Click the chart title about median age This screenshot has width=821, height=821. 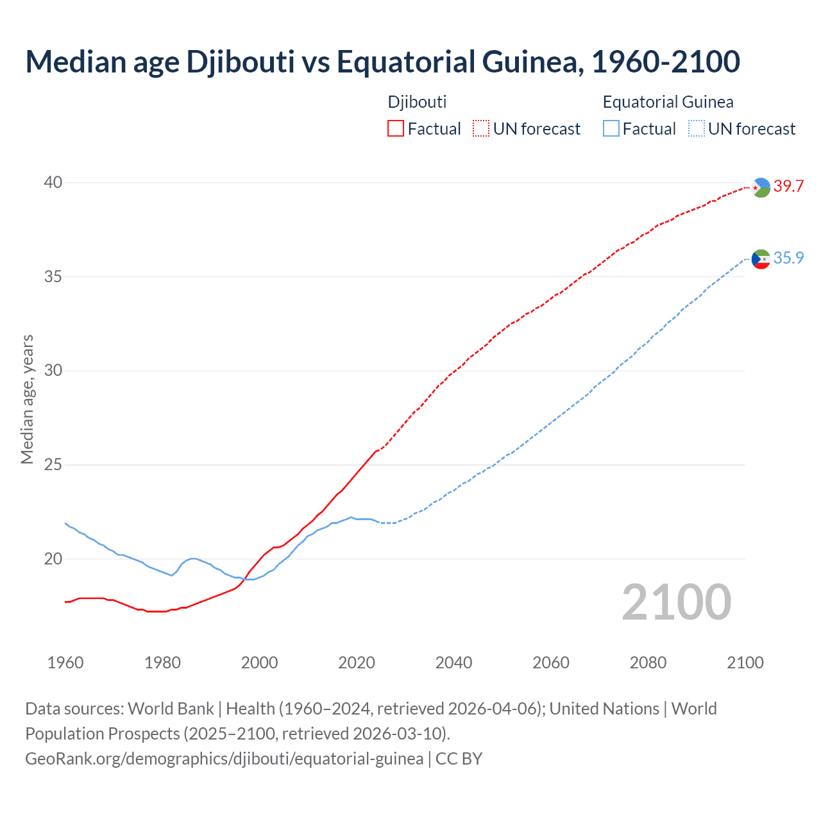(x=382, y=62)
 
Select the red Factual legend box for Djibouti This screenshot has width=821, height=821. (x=396, y=129)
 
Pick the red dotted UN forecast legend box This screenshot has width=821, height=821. (x=481, y=129)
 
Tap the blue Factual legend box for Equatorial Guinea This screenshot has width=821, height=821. (x=611, y=129)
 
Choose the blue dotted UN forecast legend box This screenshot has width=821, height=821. (x=696, y=129)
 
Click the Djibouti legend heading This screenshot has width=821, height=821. (x=417, y=102)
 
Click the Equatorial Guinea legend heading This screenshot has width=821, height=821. (x=668, y=102)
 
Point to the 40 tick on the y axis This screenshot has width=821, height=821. (x=53, y=183)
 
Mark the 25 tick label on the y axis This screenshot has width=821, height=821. (x=53, y=465)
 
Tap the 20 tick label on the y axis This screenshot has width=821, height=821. (x=53, y=559)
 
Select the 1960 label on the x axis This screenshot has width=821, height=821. (x=65, y=663)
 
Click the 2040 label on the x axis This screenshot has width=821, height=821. (x=453, y=663)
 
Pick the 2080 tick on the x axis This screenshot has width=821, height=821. (x=648, y=663)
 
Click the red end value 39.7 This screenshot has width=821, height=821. (x=788, y=187)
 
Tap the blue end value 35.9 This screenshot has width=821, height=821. (x=788, y=258)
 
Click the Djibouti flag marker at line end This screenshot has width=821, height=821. (x=761, y=187)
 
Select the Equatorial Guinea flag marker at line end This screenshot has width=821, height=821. (x=761, y=259)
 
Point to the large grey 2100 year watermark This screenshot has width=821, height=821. (x=676, y=602)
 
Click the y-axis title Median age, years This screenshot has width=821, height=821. (x=27, y=399)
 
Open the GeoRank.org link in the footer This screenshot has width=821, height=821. (x=224, y=759)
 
